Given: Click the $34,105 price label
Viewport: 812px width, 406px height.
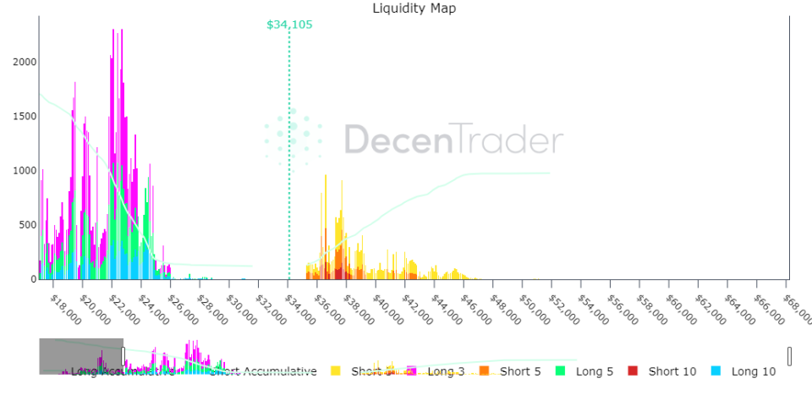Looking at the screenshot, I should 289,25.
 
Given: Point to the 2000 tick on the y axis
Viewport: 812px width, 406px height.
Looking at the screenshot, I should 25,62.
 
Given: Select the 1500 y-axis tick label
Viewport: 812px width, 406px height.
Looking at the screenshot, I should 25,116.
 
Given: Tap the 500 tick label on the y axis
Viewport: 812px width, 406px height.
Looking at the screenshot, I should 27,225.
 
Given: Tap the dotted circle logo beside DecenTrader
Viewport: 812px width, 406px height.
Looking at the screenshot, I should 293,135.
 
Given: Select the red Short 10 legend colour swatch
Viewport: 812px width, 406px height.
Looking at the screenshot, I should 634,371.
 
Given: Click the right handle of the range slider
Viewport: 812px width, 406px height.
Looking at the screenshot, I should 789,356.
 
